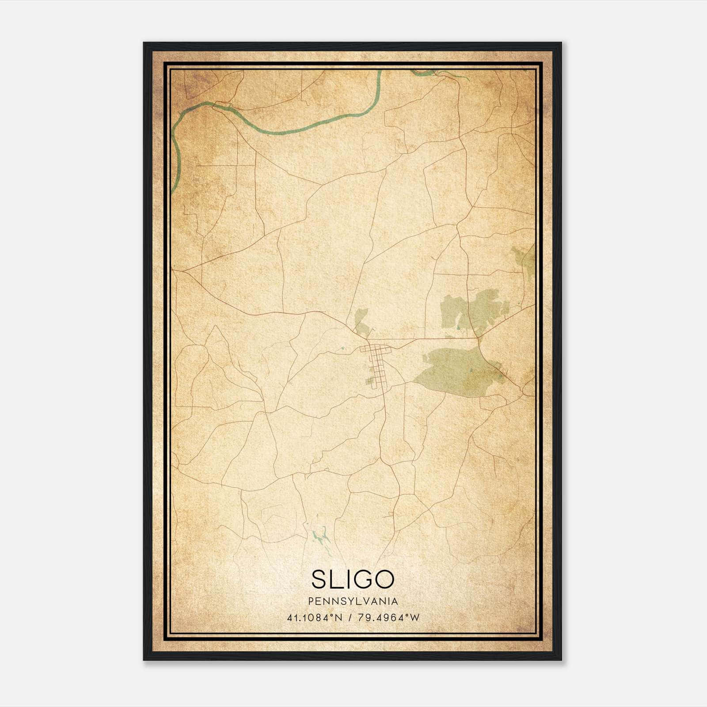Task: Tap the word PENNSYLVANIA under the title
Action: [353, 601]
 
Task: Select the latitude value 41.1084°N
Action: [315, 618]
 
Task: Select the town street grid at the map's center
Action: [376, 362]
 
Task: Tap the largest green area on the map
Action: [455, 371]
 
